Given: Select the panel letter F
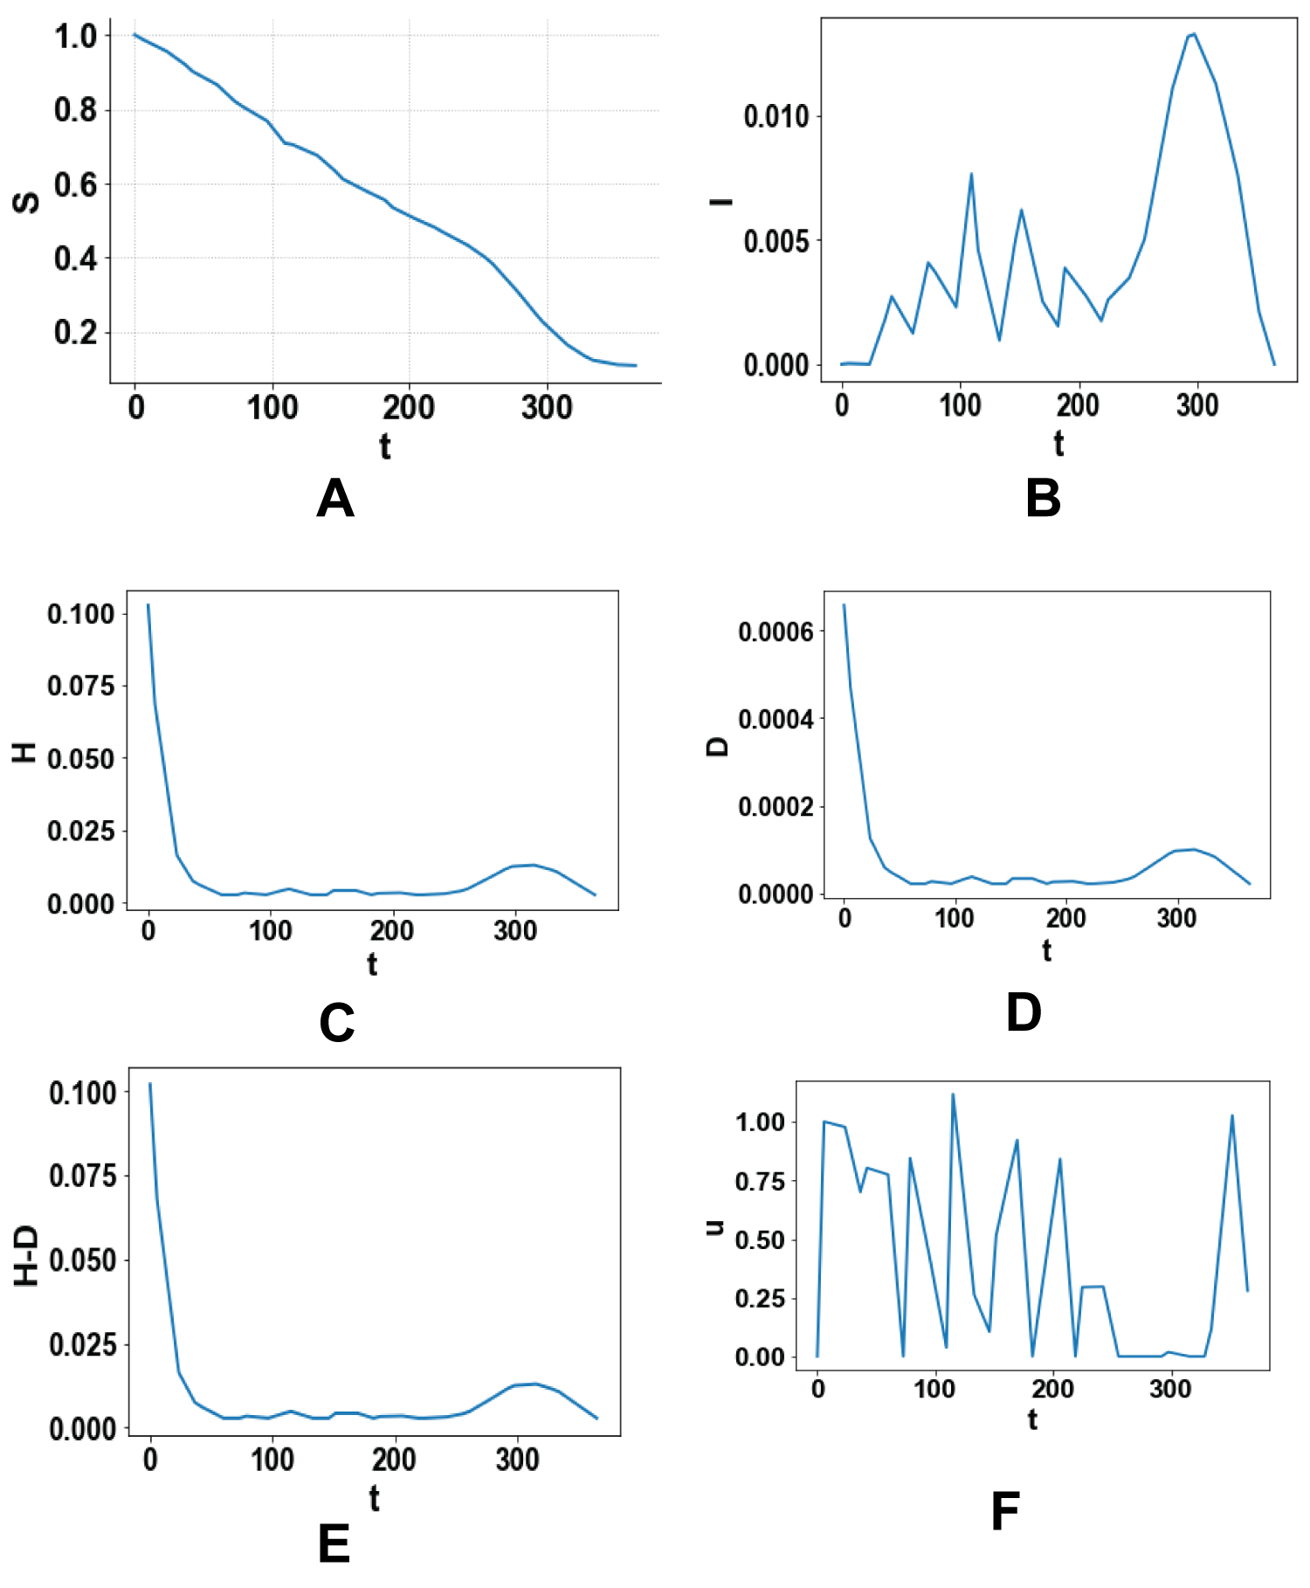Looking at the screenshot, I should pos(1005,1511).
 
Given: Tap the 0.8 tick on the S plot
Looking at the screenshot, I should pos(75,110).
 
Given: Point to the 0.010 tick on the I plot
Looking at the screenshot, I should pos(776,116).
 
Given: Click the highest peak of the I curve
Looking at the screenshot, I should pos(1194,34).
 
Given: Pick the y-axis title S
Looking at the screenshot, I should pos(26,202).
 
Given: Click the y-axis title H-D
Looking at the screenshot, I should pos(27,1256).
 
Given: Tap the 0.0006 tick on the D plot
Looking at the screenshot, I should pos(776,632).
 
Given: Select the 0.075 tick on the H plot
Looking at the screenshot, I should pos(80,687).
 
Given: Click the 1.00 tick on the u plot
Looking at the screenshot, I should pos(760,1122).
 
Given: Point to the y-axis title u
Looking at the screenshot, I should pos(715,1226).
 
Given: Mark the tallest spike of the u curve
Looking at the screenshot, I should pos(953,1094).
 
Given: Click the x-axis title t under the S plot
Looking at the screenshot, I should pos(384,446).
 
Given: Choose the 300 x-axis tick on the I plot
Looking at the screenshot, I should pos(1196,405).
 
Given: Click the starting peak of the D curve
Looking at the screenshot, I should pos(844,604).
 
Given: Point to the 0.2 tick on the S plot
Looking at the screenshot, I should pos(75,333).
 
